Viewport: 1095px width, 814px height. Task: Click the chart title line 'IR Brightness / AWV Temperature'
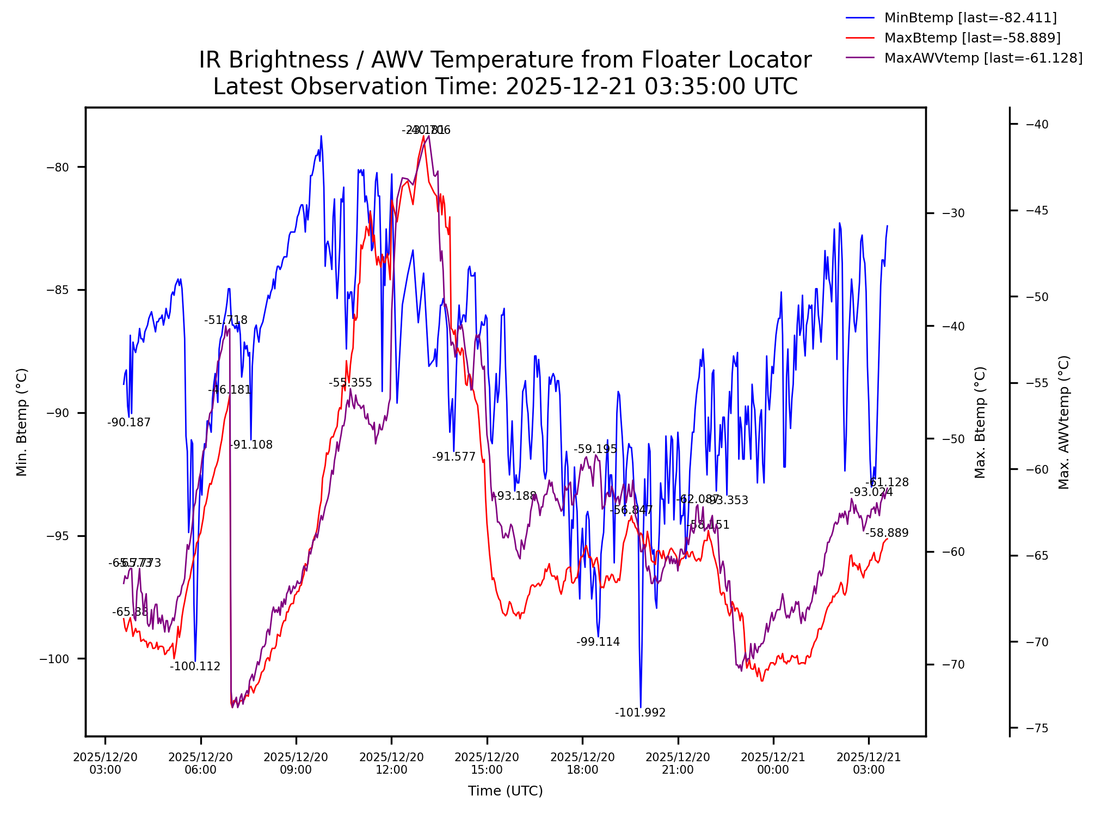505,60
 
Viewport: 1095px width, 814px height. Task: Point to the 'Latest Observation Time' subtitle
505,87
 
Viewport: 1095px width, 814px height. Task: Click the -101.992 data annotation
640,713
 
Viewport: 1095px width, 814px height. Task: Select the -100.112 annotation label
195,666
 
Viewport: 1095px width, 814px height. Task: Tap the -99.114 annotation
598,642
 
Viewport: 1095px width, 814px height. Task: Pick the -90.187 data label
129,423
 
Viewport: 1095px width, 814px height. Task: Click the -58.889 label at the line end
887,533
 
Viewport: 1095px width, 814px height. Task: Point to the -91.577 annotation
453,457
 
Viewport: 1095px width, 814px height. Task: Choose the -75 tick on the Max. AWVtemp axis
1036,729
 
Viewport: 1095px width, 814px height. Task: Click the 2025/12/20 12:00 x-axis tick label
391,763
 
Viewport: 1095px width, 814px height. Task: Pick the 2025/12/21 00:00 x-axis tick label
773,763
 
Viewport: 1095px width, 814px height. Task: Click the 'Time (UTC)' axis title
505,791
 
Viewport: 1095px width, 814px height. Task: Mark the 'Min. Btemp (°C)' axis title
22,422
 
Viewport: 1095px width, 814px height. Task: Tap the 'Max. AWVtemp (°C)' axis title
1064,422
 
